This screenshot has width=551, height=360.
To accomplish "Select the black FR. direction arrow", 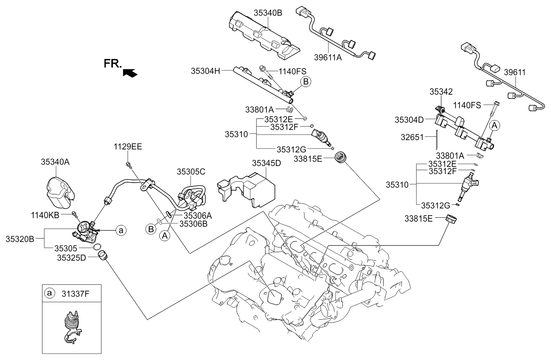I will point(130,73).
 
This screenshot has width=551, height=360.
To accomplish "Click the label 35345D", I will point(266,163).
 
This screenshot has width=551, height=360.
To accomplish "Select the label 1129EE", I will point(127,147).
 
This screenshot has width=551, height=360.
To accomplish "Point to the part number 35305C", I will point(191,172).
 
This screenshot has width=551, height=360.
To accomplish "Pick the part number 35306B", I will point(192,223).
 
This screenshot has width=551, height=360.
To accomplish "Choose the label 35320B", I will point(20,239).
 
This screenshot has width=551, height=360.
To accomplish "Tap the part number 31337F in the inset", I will point(73,293).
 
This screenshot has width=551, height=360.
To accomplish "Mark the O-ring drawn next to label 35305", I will point(97,247).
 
